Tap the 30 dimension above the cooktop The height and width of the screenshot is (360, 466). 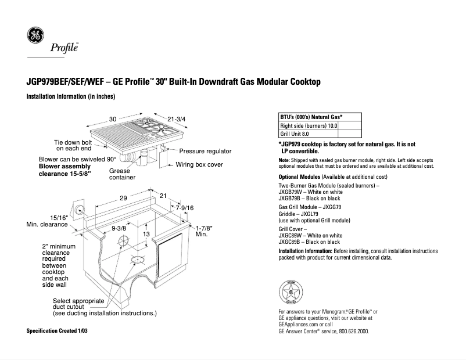pos(112,119)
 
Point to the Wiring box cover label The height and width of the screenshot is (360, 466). pos(199,164)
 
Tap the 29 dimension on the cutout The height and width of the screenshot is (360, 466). pos(123,198)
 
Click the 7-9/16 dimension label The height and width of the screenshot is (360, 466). pos(184,207)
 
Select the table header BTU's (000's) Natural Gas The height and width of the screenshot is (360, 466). pos(311,117)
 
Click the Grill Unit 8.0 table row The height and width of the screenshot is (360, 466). pos(295,134)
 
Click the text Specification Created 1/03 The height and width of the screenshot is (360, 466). pos(58,330)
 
